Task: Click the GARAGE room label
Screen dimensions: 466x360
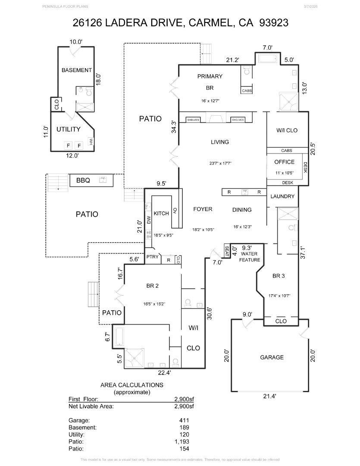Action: (x=272, y=357)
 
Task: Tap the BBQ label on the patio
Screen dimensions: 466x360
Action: (x=83, y=180)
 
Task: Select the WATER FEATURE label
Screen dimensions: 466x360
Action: (x=250, y=257)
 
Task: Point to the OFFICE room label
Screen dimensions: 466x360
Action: (x=284, y=162)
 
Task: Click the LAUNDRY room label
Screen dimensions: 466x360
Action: (x=282, y=196)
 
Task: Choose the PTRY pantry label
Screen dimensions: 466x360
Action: (x=152, y=257)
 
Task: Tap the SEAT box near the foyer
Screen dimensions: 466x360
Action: (x=227, y=250)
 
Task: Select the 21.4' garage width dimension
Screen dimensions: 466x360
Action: (x=269, y=396)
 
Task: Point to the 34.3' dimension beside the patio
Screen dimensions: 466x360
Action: (x=173, y=128)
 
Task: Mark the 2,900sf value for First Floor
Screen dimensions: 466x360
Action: (x=184, y=399)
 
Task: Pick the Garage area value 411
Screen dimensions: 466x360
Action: (x=184, y=420)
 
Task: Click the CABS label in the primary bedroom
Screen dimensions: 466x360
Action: (x=247, y=91)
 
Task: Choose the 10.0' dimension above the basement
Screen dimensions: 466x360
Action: (x=76, y=42)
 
